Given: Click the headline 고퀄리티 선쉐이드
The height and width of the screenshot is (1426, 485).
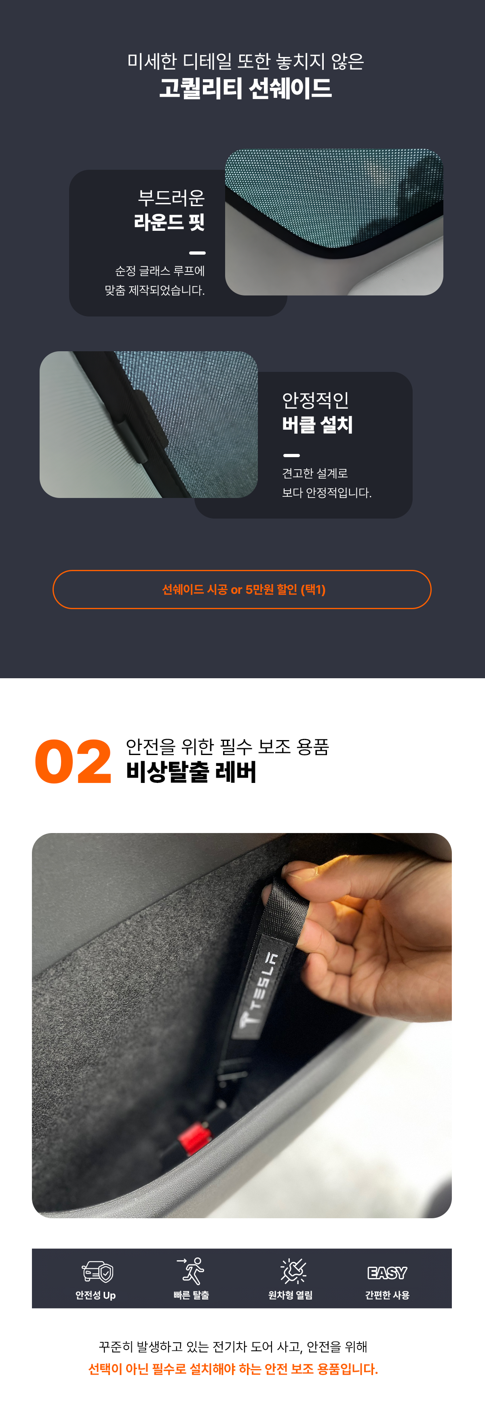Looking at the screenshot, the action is [245, 89].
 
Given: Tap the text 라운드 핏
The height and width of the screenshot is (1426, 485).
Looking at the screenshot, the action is [169, 222].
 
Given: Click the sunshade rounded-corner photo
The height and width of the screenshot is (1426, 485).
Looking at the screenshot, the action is [334, 222].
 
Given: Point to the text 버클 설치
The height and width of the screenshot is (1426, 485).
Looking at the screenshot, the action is [317, 424].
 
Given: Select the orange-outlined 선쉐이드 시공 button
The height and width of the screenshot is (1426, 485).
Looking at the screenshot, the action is [242, 590].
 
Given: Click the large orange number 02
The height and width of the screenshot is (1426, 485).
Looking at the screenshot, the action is [73, 762].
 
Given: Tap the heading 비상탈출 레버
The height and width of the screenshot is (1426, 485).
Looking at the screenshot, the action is [191, 772].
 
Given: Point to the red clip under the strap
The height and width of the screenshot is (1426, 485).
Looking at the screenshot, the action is [194, 1138].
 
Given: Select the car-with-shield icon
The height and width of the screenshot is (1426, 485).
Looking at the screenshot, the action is [97, 1272].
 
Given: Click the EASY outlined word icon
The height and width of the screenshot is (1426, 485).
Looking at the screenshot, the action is [387, 1273].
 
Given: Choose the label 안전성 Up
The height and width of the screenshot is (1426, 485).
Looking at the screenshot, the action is [96, 1295].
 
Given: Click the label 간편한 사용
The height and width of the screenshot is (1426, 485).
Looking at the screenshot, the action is [387, 1295].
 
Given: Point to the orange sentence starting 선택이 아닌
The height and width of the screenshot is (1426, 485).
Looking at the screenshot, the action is [233, 1369].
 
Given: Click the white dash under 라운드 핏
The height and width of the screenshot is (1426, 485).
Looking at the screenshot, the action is [197, 253].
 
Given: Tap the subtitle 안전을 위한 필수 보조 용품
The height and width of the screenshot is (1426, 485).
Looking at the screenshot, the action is [228, 747].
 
